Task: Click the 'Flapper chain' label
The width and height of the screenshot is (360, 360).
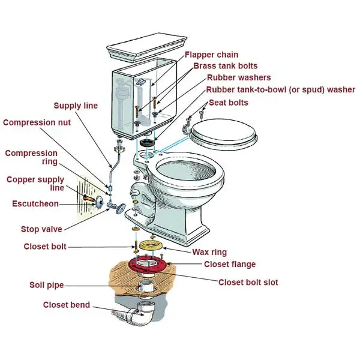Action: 211,55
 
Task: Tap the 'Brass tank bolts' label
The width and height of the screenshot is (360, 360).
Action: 225,66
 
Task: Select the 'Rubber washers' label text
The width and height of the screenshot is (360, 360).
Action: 239,78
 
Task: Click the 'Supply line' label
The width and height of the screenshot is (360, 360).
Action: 76,106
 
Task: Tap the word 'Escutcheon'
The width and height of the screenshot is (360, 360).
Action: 35,204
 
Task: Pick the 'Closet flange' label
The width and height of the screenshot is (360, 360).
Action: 230,264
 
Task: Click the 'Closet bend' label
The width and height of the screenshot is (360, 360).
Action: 66,305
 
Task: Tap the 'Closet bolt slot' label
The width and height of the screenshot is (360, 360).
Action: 248,282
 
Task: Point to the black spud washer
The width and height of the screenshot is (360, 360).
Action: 148,144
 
